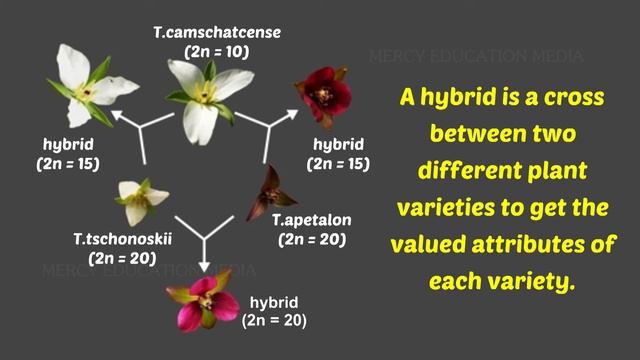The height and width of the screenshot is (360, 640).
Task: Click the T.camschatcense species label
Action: point(217,33)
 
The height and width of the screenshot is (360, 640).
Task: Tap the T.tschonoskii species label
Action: point(113,240)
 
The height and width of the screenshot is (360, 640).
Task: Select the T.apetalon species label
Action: point(312,220)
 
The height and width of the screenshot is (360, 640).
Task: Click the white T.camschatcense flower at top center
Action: point(208,94)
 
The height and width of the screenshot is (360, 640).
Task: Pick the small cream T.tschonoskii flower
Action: point(137,199)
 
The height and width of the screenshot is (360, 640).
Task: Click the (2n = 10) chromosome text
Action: point(217,51)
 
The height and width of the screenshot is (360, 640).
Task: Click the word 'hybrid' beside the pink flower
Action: point(273,301)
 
